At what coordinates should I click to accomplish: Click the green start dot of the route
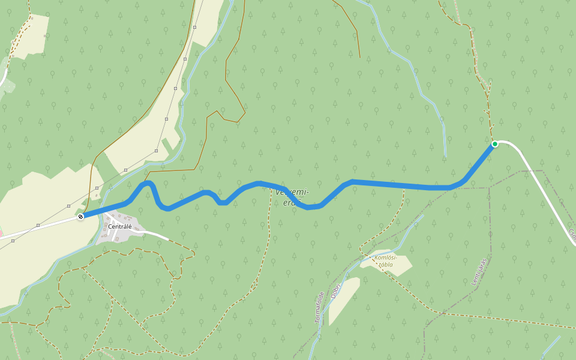point(495,144)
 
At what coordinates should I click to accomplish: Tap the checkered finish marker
point(80,216)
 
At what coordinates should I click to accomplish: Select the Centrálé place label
point(120,226)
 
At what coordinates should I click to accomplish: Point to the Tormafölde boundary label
point(319,307)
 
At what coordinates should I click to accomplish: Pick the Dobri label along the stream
point(336,290)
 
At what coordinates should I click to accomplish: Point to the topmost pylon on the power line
point(195,28)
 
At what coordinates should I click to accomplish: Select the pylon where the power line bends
point(156,151)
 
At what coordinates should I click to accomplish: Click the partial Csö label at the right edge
point(572,236)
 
